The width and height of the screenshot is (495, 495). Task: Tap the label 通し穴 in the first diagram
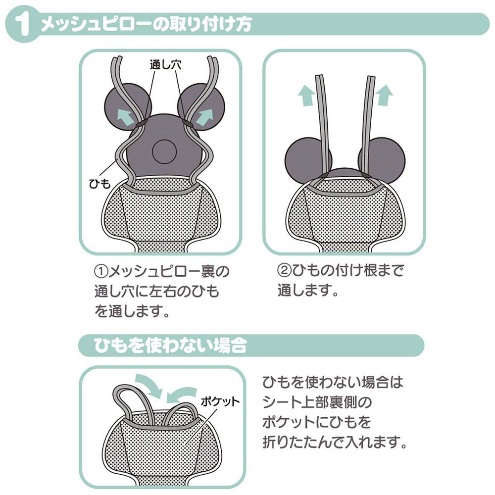165,65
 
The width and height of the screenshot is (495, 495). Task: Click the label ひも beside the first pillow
100,184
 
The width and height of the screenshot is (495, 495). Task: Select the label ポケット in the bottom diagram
220,401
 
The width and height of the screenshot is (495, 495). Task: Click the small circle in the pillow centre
164,152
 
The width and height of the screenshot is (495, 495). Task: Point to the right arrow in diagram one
204,117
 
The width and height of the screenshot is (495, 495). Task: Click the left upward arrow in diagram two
306,96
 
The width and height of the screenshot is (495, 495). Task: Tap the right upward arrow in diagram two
385,95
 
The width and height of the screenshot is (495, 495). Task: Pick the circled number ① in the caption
101,271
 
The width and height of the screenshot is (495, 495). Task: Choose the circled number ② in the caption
284,270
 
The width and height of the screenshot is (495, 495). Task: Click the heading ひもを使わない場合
170,345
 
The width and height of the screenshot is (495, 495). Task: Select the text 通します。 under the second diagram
308,291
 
